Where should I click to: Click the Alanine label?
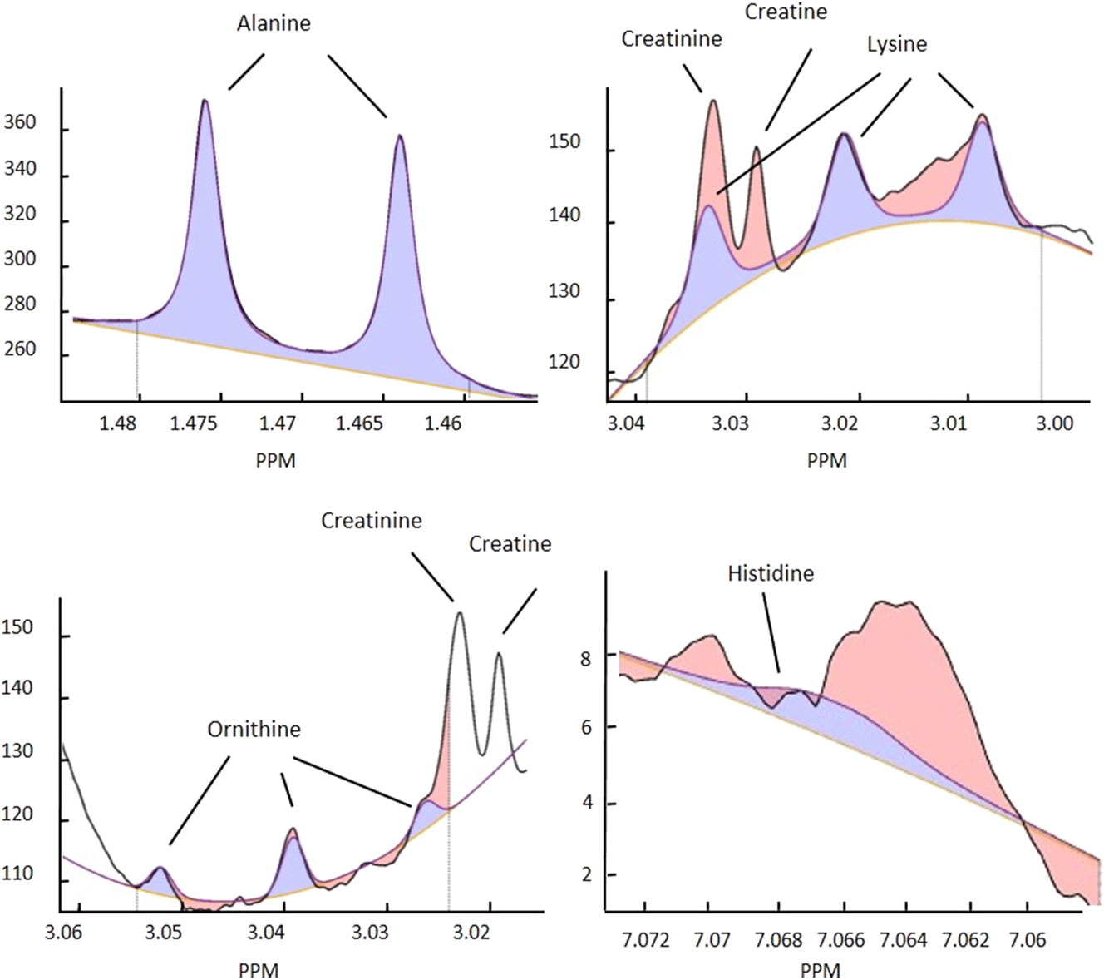click(274, 23)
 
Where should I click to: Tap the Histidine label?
click(771, 573)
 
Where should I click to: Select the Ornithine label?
click(254, 730)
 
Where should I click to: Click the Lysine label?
click(897, 44)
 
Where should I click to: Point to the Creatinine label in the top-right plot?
click(672, 39)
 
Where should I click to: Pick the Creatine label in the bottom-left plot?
click(510, 544)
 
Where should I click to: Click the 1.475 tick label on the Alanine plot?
click(195, 424)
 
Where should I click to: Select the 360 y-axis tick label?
click(20, 123)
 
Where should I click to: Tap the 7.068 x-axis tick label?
click(778, 940)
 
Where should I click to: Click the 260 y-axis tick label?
click(20, 349)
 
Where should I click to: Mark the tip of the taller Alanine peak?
click(205, 101)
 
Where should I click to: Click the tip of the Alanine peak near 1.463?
click(400, 136)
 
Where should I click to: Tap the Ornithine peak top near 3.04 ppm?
click(293, 829)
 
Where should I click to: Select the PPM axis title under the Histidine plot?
click(821, 970)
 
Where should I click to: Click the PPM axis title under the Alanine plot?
click(275, 459)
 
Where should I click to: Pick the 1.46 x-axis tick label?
click(443, 424)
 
